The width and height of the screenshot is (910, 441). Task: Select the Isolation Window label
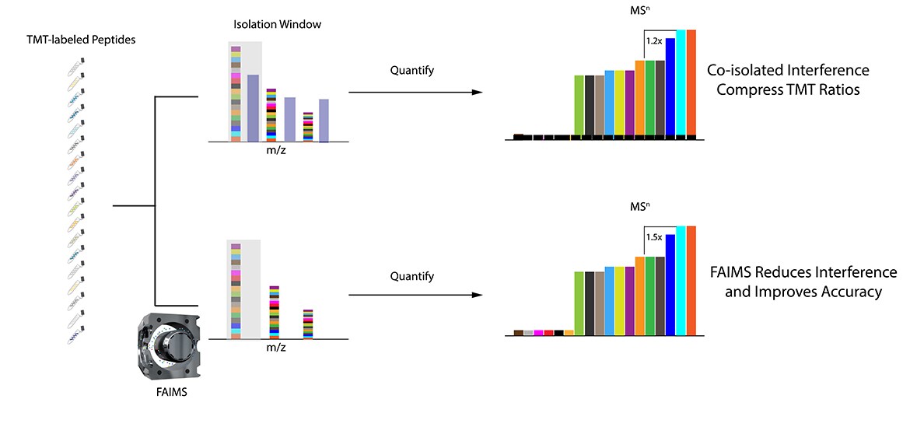click(x=277, y=24)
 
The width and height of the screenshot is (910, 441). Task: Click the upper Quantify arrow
click(x=411, y=93)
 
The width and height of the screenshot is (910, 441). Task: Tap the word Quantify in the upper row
click(x=411, y=71)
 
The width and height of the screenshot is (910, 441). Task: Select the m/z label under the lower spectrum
click(x=275, y=348)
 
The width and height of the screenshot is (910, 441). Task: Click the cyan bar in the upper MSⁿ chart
click(x=681, y=82)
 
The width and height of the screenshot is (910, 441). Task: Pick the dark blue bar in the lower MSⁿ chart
click(x=670, y=284)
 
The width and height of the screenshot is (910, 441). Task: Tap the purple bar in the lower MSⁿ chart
click(x=629, y=300)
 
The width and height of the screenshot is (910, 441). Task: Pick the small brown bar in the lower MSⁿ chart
click(x=519, y=333)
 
